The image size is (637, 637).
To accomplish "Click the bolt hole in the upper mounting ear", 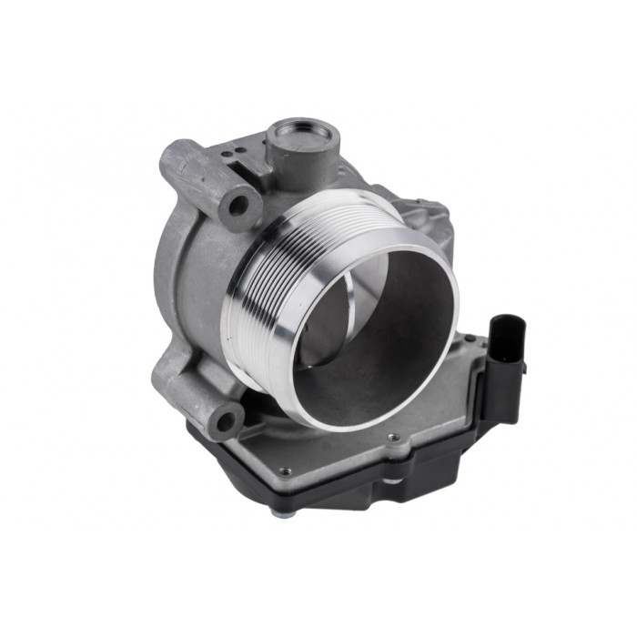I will (238, 205).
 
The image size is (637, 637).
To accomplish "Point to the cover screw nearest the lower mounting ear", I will (285, 471).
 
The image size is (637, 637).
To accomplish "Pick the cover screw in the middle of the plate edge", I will (393, 438).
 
